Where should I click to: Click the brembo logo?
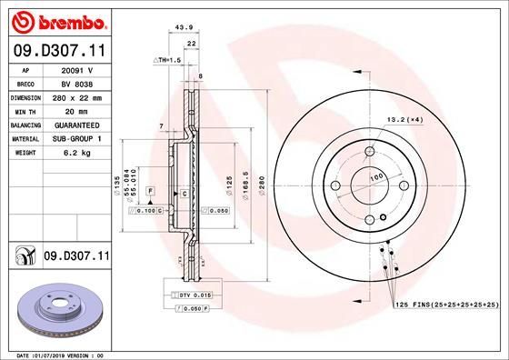pos(57,19)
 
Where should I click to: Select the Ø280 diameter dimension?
pos(262,188)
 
